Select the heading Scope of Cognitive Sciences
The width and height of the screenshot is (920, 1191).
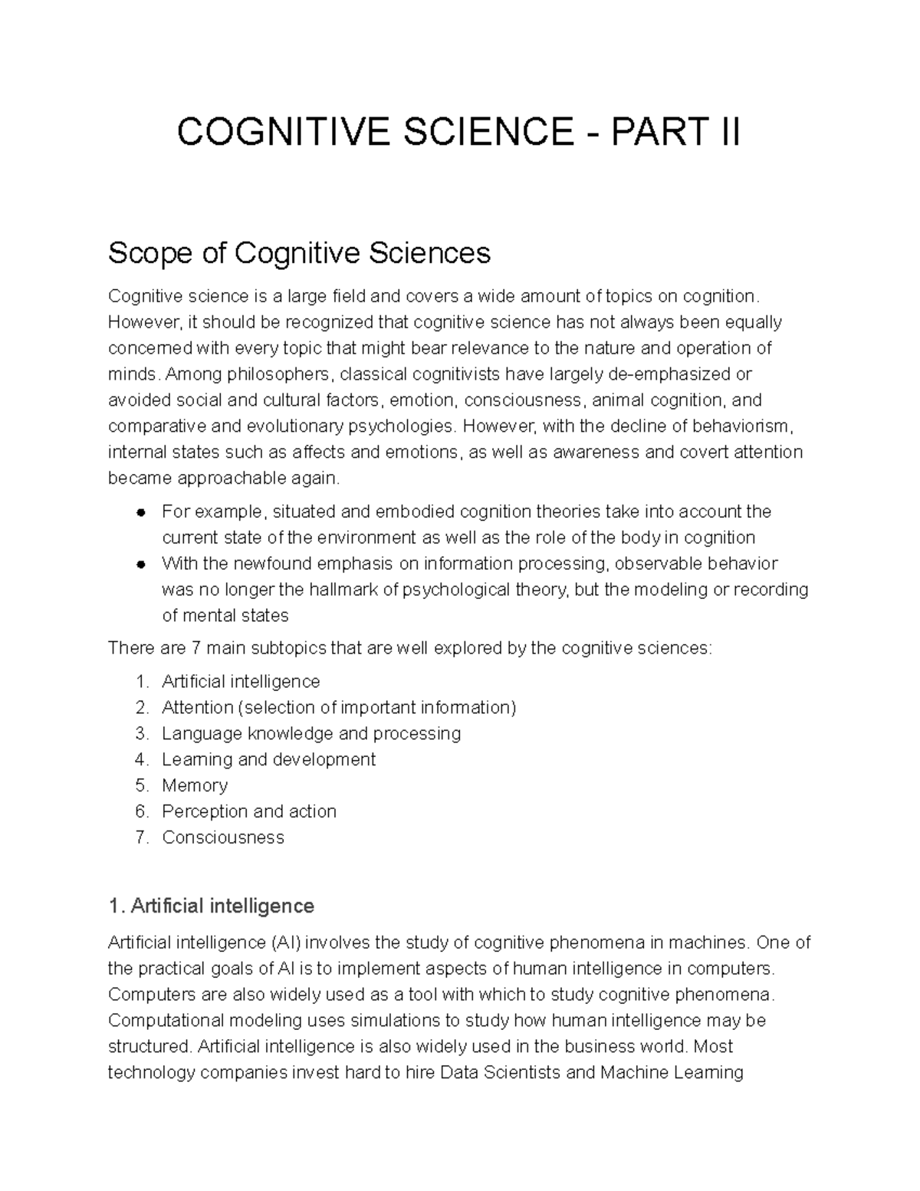(x=299, y=252)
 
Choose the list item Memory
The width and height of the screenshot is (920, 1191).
(x=195, y=785)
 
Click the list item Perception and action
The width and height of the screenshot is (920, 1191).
(x=249, y=811)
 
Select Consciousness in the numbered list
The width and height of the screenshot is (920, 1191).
(x=223, y=837)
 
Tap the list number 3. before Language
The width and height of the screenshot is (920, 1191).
(x=141, y=734)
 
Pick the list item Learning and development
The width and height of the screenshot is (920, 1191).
(x=268, y=759)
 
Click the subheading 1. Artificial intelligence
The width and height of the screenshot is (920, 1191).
(x=211, y=906)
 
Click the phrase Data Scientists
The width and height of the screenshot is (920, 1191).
(x=500, y=1072)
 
